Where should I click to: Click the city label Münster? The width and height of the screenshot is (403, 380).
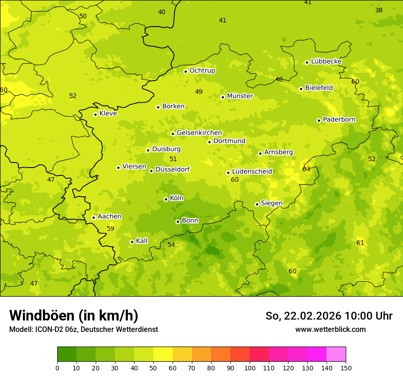point(240,96)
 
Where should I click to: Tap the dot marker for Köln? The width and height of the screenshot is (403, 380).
point(166,199)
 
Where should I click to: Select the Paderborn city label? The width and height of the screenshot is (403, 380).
point(339,119)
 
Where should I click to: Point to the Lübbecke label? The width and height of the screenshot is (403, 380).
point(326,61)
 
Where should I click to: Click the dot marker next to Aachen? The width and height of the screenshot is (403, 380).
point(93,217)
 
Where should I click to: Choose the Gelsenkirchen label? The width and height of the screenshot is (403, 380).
point(199,133)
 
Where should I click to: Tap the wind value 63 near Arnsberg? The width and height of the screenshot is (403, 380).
point(306,169)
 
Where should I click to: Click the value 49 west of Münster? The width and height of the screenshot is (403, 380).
point(199,92)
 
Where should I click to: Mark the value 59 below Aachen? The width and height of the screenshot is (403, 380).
point(110,228)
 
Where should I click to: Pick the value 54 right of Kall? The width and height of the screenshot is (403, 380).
point(171,244)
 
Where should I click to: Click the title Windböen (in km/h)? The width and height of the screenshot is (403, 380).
point(74,315)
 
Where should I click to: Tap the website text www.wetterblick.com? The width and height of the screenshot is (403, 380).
point(330,329)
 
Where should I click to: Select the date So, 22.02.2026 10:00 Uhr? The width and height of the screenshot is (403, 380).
point(329,316)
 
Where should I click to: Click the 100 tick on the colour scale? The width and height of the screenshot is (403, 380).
point(250,368)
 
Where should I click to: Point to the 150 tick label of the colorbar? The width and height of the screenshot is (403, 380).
point(346,368)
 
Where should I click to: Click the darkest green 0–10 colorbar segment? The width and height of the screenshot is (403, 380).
point(67,354)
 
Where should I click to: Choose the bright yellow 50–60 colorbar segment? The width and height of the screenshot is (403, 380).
point(163,354)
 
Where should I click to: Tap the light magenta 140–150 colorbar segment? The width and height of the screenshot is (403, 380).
point(336,354)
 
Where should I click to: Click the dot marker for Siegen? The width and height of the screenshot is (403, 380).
point(257,204)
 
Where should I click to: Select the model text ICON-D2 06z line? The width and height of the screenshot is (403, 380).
point(83,329)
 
